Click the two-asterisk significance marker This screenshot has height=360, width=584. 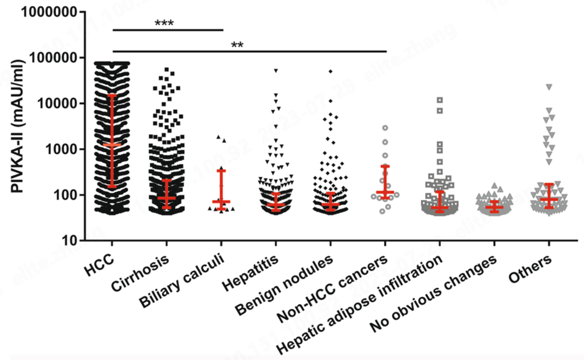(x=237, y=45)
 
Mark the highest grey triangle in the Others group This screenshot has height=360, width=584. (x=549, y=86)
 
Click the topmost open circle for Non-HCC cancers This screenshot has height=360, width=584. (x=385, y=128)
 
